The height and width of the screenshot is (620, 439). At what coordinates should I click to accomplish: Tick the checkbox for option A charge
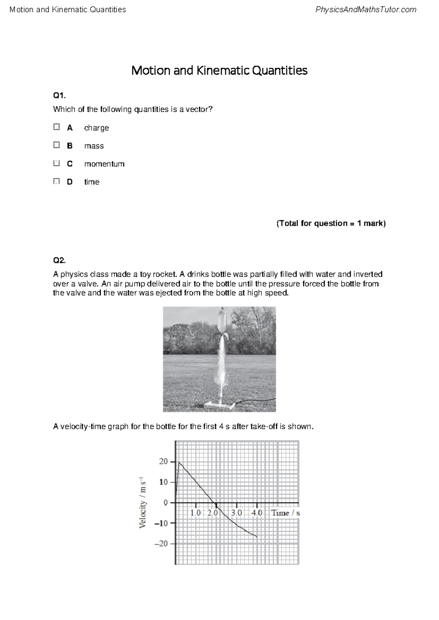56,127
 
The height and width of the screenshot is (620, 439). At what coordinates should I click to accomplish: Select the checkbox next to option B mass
56,145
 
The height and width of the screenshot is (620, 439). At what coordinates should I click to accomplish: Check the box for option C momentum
56,163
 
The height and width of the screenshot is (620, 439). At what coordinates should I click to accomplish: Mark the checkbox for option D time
56,181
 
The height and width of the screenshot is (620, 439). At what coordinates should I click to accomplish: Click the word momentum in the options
104,164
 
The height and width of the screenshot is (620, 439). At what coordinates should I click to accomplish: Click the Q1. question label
59,95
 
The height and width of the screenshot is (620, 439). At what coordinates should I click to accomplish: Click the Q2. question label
59,260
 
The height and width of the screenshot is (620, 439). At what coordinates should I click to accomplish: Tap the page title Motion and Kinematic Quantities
219,70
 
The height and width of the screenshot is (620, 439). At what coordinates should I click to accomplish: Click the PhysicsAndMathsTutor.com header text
365,10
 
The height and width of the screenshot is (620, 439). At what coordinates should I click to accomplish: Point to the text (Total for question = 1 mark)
331,223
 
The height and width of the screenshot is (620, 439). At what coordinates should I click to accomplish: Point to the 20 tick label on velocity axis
163,462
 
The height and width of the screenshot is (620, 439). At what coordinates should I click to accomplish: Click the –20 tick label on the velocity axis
161,544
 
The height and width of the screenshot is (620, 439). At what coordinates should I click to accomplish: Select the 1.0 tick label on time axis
195,513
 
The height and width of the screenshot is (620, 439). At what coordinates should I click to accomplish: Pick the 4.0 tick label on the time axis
256,513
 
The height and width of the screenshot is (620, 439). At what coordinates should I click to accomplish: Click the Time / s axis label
285,513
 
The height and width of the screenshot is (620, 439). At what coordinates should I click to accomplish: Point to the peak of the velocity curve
179,462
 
